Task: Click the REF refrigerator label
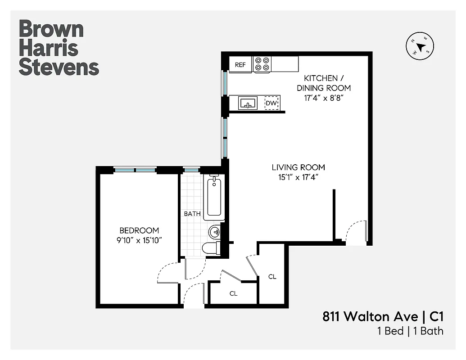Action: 240,64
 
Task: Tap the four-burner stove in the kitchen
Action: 262,64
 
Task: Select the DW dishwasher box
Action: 271,103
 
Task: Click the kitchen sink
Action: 248,103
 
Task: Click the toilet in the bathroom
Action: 210,248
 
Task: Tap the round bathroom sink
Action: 215,232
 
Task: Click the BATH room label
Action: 192,214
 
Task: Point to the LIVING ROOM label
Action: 298,167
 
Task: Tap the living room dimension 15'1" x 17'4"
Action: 298,177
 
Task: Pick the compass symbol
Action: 421,47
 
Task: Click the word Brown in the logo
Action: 51,29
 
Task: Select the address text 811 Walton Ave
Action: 370,316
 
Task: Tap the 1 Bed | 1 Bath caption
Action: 410,331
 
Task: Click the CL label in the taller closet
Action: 272,276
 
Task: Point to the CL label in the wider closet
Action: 233,293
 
